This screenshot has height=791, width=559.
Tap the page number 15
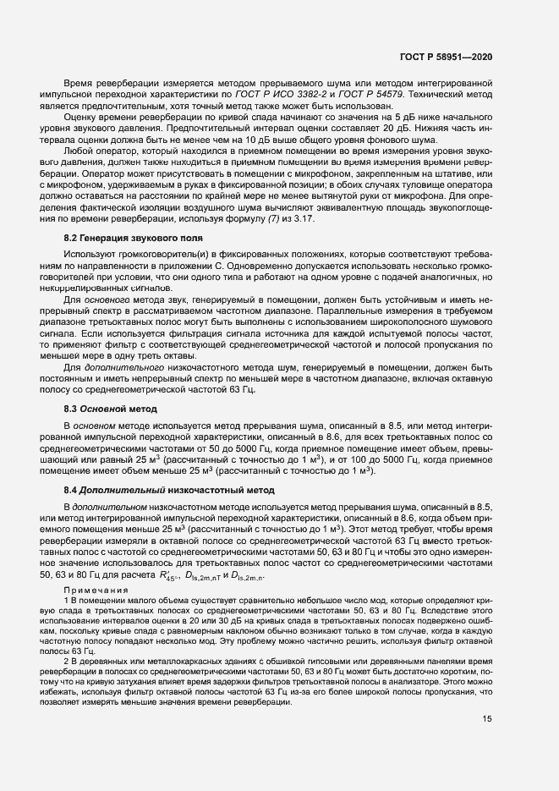click(x=486, y=744)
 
